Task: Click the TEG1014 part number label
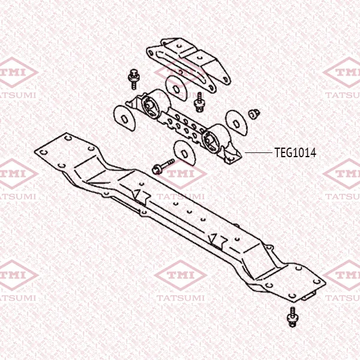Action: [295, 152]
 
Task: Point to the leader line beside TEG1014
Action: [259, 152]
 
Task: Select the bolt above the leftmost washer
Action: [133, 79]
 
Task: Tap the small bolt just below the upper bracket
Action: [199, 102]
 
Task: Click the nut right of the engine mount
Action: [254, 113]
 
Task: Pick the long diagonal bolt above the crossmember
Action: [163, 166]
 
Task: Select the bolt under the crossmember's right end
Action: [292, 317]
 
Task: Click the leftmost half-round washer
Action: [125, 118]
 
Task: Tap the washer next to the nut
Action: [237, 123]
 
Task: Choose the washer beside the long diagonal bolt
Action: [185, 152]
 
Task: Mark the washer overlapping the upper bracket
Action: [176, 88]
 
